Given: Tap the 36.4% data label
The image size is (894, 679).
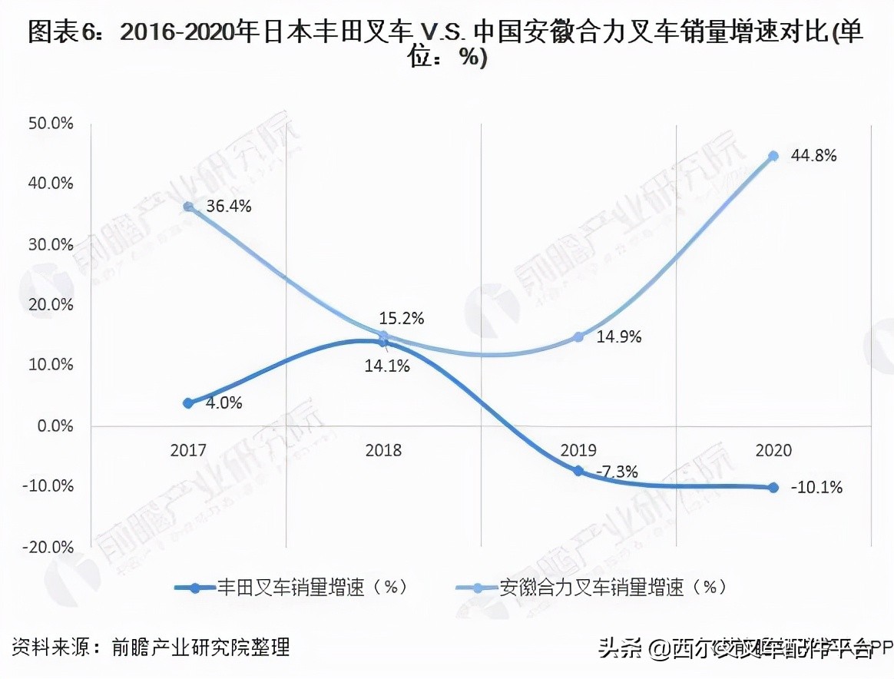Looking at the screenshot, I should coord(229,207).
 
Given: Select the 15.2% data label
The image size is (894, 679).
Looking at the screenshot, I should coord(401,318).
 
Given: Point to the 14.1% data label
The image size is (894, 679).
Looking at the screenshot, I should coord(386,366).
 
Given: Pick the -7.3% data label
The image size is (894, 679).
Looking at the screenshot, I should coord(616,472).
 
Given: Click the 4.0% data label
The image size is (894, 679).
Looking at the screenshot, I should coord(223,402).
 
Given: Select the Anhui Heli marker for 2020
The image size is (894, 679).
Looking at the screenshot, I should coord(773,156).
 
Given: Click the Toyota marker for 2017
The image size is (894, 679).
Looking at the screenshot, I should coord(188,402).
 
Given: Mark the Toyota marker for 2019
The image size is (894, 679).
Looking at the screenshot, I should coord(578,471).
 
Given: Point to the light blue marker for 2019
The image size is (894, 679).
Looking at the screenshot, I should coord(578,337).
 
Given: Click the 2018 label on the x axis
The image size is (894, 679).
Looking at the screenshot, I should coord(383,451).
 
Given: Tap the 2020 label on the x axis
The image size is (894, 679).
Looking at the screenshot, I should coord(773,451).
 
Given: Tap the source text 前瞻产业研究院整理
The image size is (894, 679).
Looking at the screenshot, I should coord(200,647).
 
